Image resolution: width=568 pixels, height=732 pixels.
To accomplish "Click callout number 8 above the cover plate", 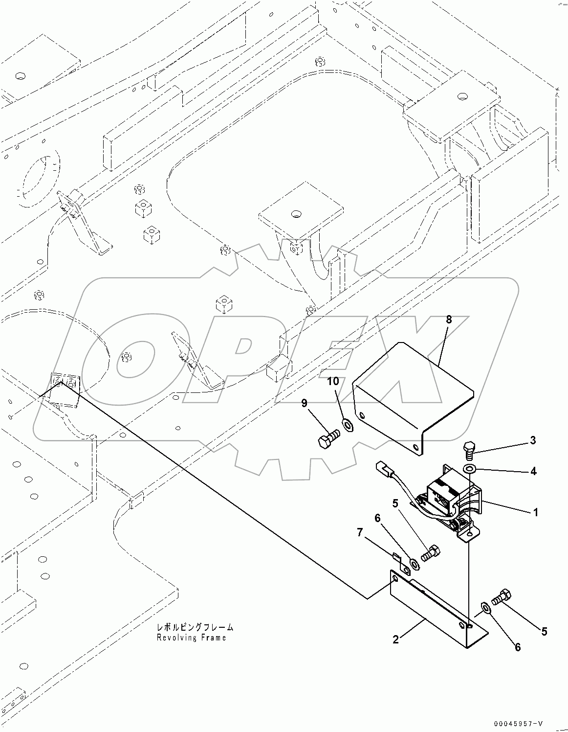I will point(448,320).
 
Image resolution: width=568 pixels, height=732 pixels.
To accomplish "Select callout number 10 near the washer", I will point(332,382).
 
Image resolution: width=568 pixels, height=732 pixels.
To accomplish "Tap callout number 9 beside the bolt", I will point(304,403).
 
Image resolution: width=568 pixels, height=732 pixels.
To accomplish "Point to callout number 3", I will point(532,440).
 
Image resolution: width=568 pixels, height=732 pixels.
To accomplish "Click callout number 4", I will point(533,471).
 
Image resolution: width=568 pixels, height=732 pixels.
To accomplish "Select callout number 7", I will point(360,532).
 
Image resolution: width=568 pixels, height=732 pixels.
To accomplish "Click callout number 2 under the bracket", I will point(395,639).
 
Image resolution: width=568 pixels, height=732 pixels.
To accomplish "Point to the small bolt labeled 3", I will point(468,449).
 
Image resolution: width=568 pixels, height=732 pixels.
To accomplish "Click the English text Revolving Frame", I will point(191,638).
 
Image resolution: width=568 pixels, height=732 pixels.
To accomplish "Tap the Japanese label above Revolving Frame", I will point(195,627).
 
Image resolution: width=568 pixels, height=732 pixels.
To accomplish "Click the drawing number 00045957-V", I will point(518,723).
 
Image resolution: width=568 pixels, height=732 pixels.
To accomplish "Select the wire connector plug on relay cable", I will point(385,470).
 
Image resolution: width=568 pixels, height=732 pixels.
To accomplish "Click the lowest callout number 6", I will point(517,647).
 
